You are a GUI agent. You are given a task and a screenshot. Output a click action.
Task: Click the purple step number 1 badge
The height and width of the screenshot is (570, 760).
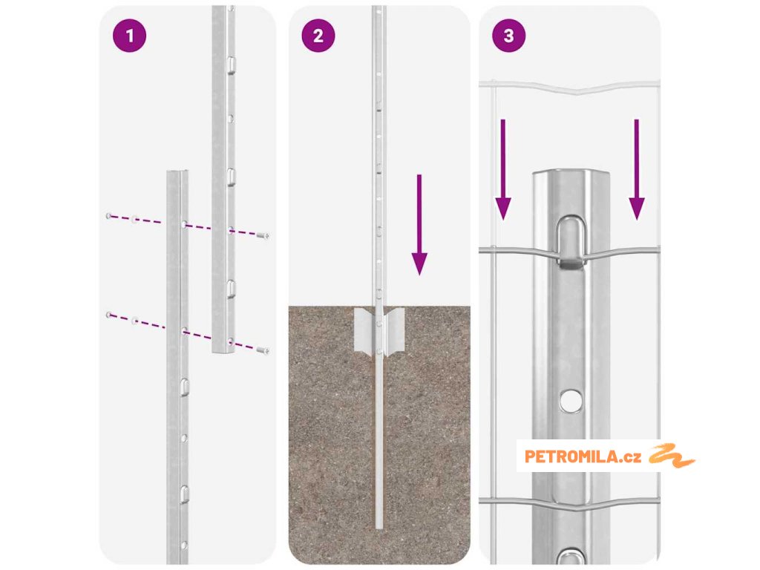coord(129,36)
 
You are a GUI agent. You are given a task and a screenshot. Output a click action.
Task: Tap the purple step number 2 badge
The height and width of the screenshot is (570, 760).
coord(318,36)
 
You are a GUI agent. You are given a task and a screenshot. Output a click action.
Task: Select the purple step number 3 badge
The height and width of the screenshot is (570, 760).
coord(508,36)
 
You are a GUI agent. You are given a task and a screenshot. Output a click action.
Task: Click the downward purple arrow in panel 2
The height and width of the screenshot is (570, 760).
coord(419,225)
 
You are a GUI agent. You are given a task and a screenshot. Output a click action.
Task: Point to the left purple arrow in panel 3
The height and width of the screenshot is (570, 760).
coord(503,170)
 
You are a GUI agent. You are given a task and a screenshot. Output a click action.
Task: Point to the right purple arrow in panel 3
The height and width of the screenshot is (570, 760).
coord(636,170)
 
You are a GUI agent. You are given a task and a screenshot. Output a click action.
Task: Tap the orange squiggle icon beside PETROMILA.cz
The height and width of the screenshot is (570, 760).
coord(672,456)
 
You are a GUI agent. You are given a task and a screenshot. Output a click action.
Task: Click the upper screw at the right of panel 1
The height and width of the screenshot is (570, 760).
coord(263,236)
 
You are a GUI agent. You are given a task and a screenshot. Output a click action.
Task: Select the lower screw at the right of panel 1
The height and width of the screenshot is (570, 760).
coord(263,350)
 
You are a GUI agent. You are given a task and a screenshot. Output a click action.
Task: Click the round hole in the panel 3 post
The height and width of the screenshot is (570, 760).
coord(571,401)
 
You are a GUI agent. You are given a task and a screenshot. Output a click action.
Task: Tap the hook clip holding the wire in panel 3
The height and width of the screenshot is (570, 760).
coord(571,243)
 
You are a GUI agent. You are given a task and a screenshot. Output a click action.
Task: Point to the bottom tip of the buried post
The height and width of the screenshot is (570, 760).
coord(379,528)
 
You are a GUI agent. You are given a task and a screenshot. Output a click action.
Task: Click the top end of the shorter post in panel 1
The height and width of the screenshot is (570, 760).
coord(177,172)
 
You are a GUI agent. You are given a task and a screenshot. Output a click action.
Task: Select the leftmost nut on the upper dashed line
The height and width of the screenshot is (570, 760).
coord(108,216)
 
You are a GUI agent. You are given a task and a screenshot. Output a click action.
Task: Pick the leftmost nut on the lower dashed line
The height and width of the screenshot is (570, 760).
coord(108,315)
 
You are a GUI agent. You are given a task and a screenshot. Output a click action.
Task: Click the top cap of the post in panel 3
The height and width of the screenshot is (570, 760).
coord(571,175)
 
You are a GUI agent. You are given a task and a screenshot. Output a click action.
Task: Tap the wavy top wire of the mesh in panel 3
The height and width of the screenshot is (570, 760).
coord(569,88)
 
